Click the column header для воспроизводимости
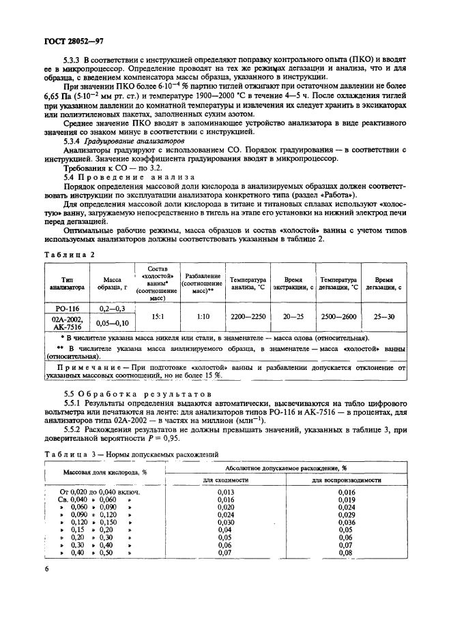click(x=346, y=480)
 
